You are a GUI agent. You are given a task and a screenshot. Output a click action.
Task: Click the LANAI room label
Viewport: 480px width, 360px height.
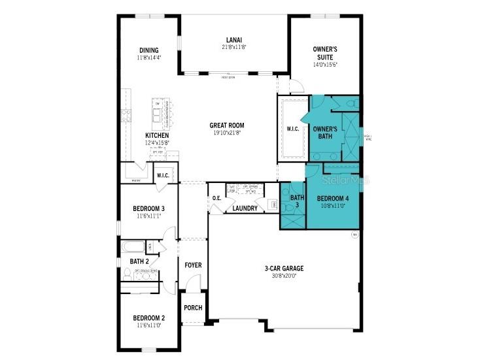tap(235, 39)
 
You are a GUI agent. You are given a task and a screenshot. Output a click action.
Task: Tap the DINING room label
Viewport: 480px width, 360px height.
tap(149, 50)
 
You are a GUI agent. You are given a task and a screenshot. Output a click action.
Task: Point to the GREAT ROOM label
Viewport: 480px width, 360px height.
tap(226, 125)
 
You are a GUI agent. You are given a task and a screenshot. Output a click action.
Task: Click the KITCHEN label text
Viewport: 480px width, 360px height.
tap(158, 135)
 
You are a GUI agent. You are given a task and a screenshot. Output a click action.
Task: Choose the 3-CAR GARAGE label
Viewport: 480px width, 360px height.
tap(284, 268)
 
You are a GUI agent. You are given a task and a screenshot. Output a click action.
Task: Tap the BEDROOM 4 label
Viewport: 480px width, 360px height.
tap(334, 198)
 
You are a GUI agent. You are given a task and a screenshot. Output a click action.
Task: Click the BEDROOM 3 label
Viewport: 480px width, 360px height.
tap(148, 208)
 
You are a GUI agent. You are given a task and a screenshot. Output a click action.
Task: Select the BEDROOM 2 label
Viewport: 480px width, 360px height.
tap(148, 318)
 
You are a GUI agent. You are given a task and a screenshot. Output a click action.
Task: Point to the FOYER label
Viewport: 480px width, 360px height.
tap(193, 265)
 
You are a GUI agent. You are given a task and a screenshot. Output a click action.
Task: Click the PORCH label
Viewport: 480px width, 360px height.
tap(193, 308)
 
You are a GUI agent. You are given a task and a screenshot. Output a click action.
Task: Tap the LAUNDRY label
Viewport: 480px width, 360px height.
tap(245, 208)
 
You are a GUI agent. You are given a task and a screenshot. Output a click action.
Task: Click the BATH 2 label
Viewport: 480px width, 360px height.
tap(131, 262)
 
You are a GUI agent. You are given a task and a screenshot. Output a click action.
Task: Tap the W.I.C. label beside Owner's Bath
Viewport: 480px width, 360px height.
tap(293, 129)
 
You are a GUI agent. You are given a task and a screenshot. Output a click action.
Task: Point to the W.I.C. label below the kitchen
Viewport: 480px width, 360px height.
tap(163, 175)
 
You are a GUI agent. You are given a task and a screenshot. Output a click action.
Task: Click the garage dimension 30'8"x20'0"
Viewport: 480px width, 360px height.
tap(284, 276)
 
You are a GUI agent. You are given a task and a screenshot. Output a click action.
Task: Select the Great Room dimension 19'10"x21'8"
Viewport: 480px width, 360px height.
tap(226, 133)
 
